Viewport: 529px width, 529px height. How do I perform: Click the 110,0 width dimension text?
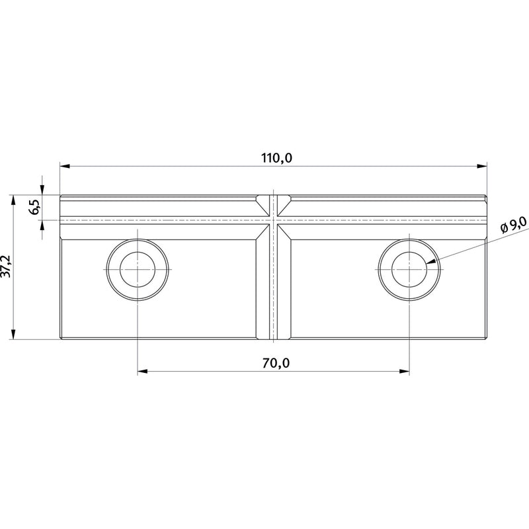[x=276, y=158]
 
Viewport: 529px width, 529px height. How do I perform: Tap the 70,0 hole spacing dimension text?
[x=276, y=363]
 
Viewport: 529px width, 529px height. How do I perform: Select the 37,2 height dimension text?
[x=7, y=266]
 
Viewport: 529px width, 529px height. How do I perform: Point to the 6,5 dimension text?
[x=35, y=207]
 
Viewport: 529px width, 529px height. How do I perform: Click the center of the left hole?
[x=138, y=270]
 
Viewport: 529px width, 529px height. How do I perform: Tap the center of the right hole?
[x=409, y=270]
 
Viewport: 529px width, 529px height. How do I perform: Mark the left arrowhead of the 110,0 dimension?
[x=65, y=166]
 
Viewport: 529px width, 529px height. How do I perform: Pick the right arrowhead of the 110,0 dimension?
[x=482, y=166]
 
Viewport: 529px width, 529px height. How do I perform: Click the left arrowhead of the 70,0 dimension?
[x=143, y=372]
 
